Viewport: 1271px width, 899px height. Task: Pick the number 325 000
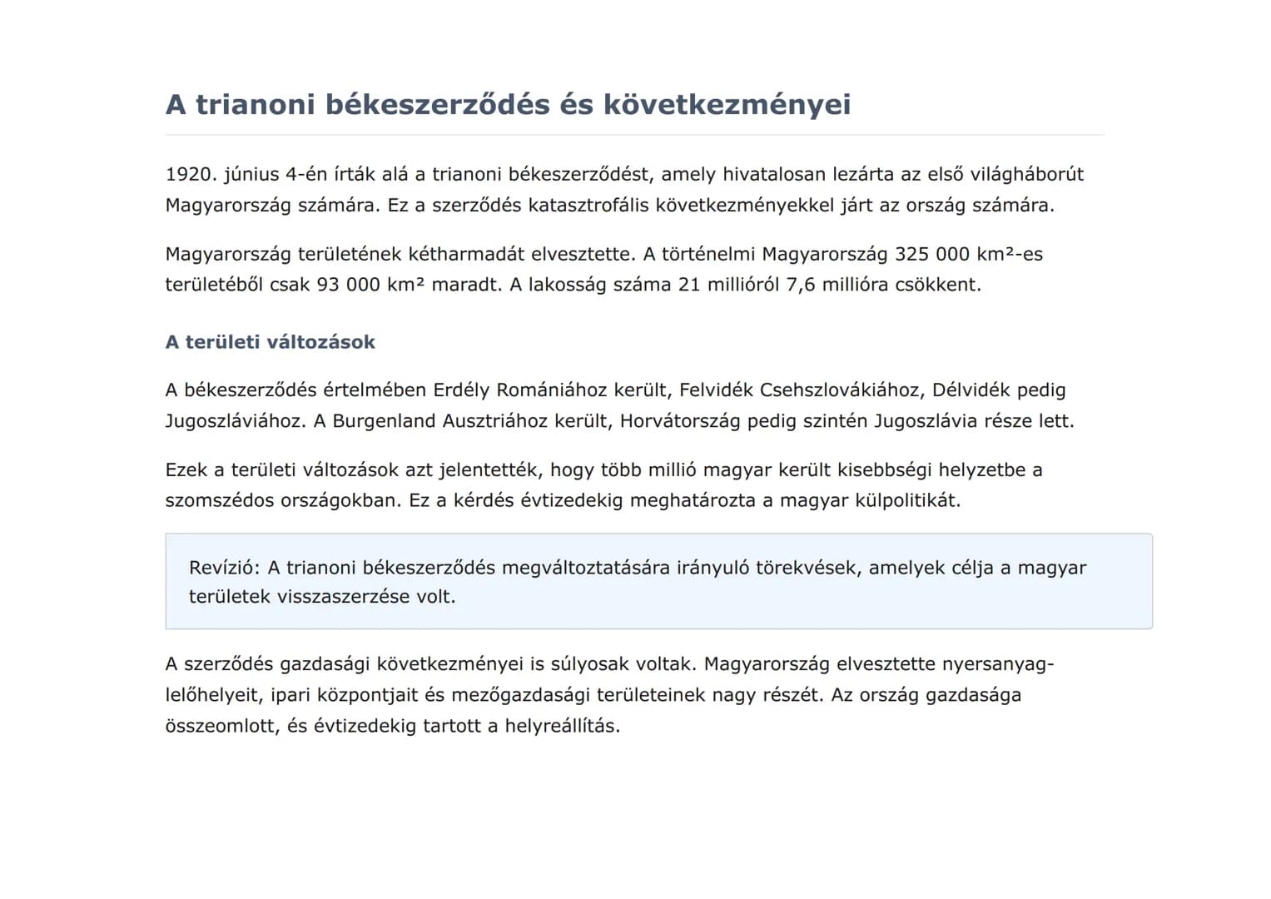927,254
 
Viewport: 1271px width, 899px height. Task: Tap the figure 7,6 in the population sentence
800,285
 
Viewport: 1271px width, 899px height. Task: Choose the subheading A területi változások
270,342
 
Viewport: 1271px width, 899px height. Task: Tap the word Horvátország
679,420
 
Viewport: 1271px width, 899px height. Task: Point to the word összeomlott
220,726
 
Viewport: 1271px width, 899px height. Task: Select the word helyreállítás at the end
562,726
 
